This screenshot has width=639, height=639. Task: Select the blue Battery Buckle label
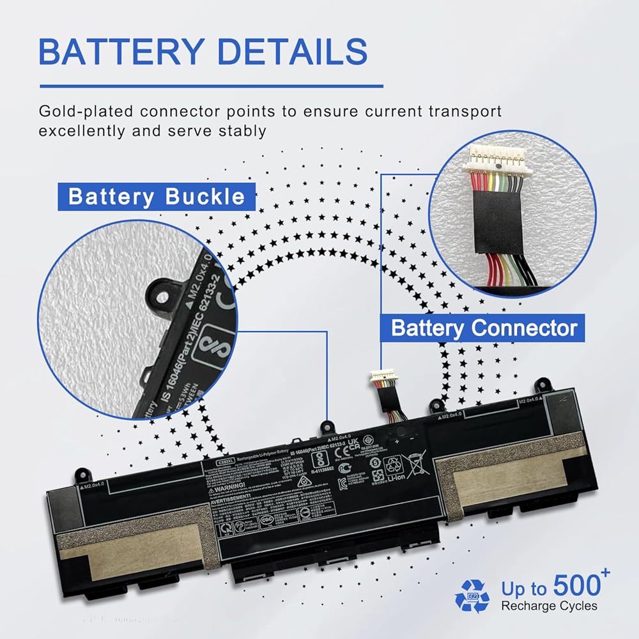pyautogui.click(x=157, y=196)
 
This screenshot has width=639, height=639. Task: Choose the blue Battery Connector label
pyautogui.click(x=484, y=328)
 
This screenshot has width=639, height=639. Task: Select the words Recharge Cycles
pyautogui.click(x=550, y=606)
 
